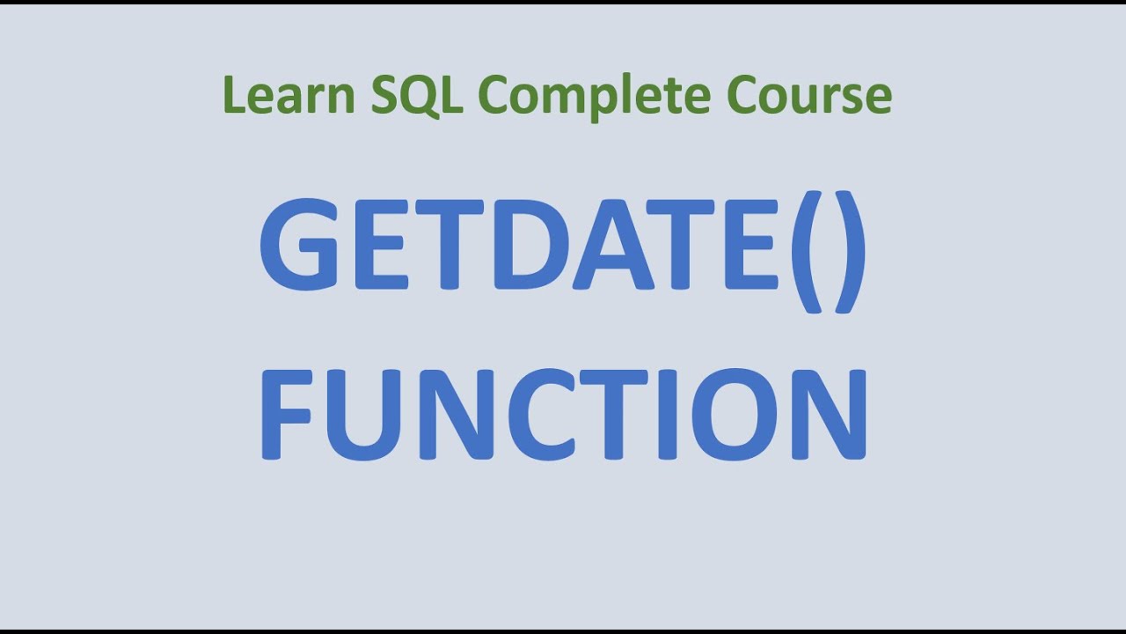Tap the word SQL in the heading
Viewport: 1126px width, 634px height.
(416, 95)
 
